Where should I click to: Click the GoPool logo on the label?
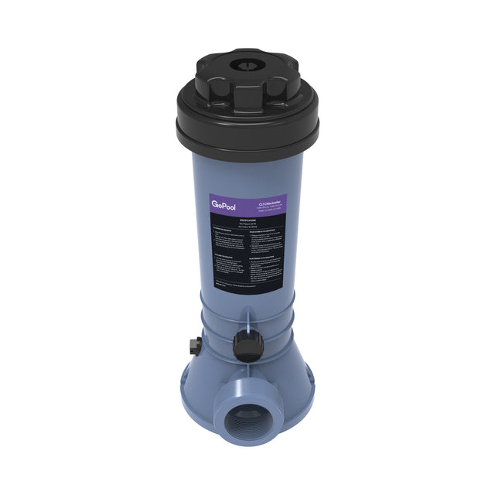(x=223, y=204)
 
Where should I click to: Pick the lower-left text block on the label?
(x=229, y=271)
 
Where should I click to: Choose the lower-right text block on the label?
(x=268, y=271)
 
